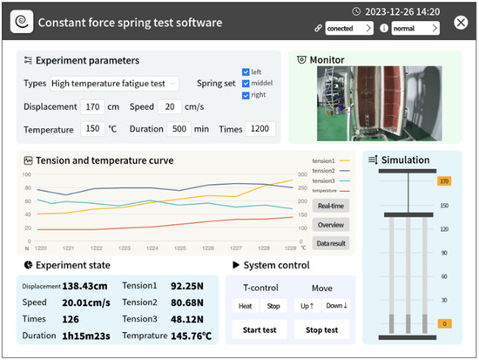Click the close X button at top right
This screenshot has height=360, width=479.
tap(461, 22)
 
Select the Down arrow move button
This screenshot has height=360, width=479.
tap(336, 306)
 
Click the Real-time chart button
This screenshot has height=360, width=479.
tap(330, 206)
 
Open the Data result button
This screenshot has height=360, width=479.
tap(330, 243)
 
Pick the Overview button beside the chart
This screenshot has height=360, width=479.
tap(330, 225)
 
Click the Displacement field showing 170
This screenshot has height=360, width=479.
tap(93, 106)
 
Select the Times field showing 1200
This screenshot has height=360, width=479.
tap(260, 129)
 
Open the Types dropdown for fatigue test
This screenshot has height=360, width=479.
tap(113, 84)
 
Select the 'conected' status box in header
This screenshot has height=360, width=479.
tap(348, 28)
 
